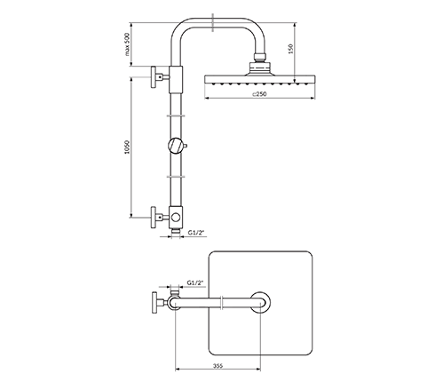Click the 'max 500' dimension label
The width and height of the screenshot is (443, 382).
point(127,44)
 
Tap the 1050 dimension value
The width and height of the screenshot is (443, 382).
point(127,147)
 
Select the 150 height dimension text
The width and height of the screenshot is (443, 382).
point(290,49)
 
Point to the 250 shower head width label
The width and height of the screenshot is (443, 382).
point(259,94)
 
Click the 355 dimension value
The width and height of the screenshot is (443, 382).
point(218,366)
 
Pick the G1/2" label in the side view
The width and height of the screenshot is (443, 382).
point(196,233)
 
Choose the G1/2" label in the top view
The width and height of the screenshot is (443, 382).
point(196,283)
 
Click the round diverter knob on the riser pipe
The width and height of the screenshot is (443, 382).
point(176,146)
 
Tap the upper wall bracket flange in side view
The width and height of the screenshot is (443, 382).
point(154,77)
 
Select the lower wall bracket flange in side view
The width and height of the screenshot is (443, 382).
point(154,218)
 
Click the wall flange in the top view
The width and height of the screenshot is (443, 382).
point(154,302)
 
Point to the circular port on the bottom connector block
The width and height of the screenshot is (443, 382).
point(176,218)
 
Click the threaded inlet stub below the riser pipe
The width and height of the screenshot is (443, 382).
point(176,231)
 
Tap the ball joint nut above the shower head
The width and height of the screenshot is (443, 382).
point(260,57)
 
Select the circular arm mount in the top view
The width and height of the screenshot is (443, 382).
point(260,302)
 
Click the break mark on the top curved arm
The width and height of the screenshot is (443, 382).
point(212,23)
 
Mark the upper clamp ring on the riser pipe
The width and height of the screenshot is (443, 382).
point(176,115)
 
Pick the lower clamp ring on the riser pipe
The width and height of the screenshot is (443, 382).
point(176,177)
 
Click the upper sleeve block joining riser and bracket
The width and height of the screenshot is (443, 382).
point(176,79)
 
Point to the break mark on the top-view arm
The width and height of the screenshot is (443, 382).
point(222,302)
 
